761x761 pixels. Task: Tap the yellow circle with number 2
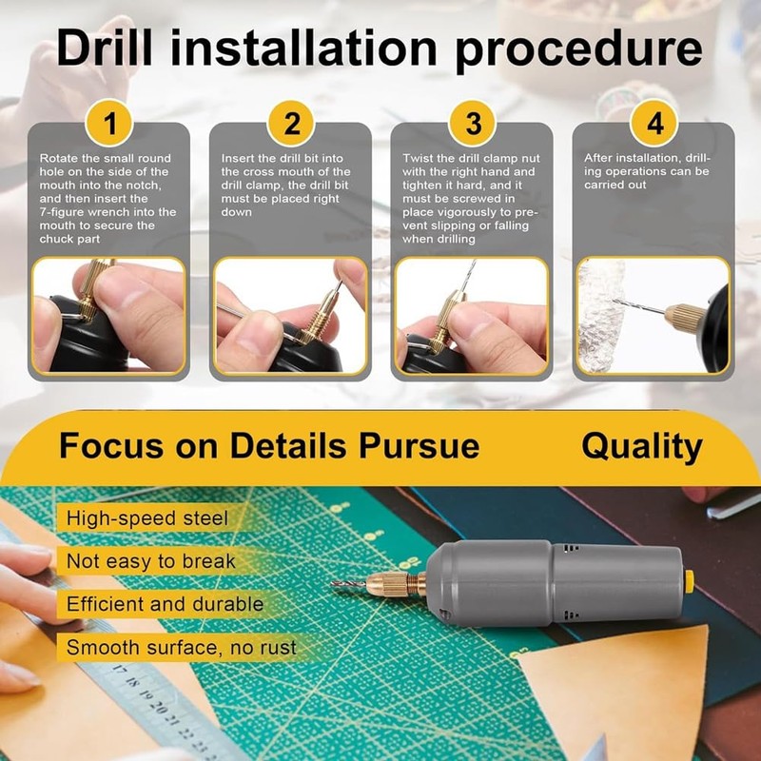point(291,124)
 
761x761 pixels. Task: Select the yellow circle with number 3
point(473,124)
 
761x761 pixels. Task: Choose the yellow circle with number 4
point(654,124)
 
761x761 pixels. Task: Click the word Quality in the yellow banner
point(642,445)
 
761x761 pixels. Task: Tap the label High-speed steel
point(146,518)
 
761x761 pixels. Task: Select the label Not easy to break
point(150,561)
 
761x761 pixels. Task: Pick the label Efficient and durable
point(165,604)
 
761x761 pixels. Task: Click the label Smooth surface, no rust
point(181,648)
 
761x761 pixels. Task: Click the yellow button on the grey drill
point(688,582)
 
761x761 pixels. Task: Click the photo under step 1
point(108,315)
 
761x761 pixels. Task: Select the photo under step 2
point(290,315)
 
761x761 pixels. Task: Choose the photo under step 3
point(472,315)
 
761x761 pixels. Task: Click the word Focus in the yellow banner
point(107,445)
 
